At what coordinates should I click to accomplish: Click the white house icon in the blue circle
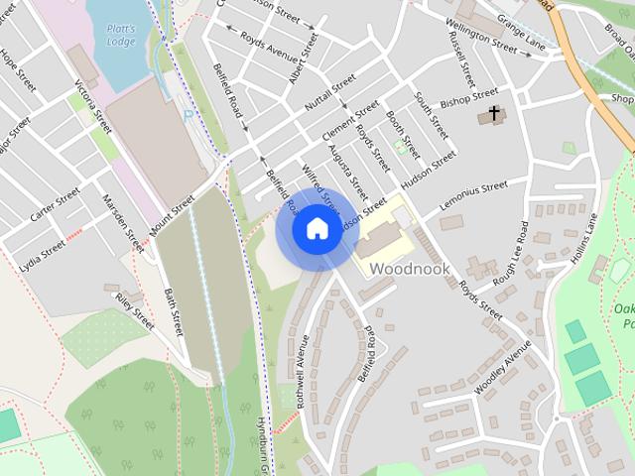[x=316, y=228]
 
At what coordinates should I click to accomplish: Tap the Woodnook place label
[x=410, y=269]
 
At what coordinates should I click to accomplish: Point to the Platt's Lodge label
[x=120, y=35]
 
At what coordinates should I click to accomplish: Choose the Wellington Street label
[x=480, y=34]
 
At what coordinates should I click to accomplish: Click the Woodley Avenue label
[x=504, y=368]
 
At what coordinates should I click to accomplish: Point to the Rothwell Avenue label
[x=302, y=372]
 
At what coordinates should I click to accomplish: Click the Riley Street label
[x=135, y=311]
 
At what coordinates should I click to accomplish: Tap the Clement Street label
[x=349, y=121]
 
